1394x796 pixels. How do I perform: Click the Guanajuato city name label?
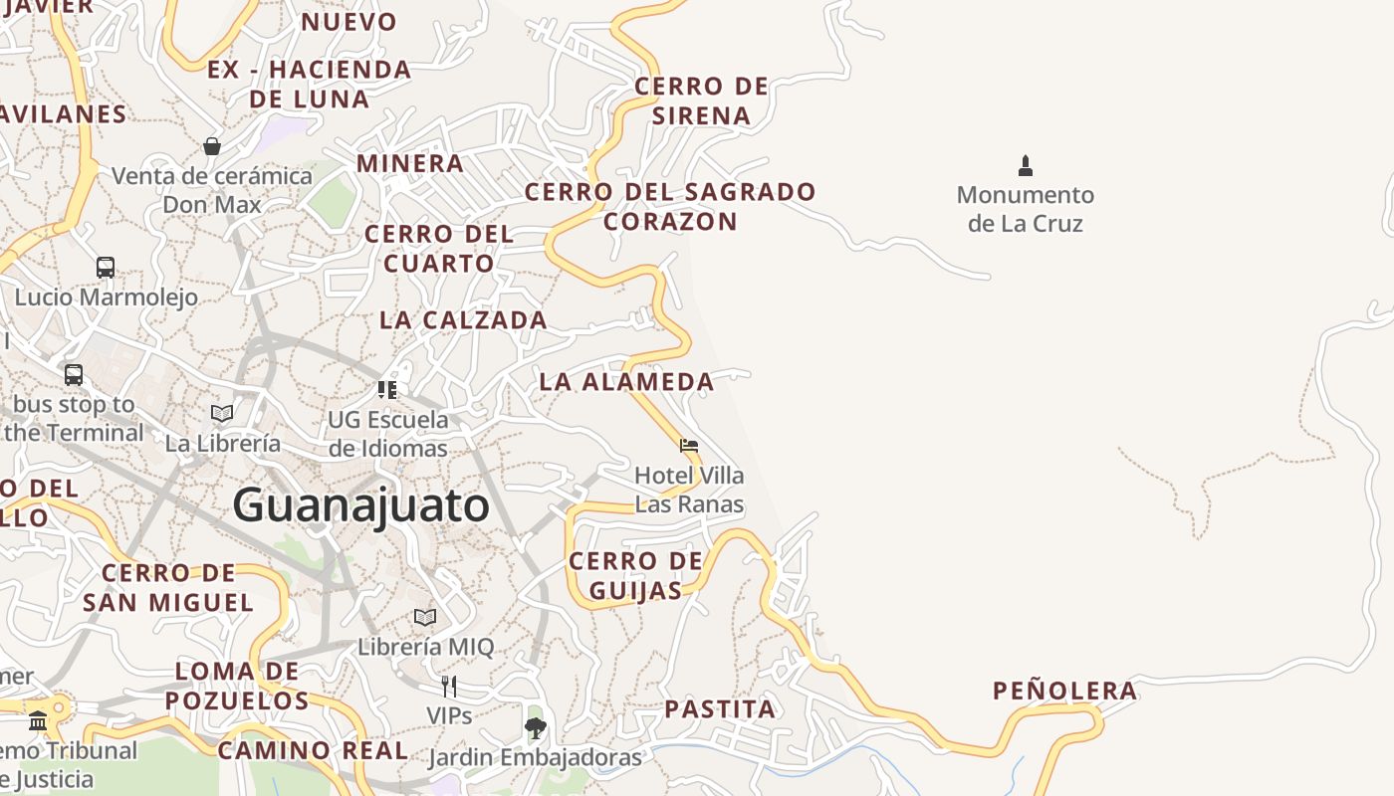(360, 505)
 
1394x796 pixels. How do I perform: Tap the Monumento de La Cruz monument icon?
(1026, 165)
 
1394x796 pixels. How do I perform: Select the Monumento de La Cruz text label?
(1025, 209)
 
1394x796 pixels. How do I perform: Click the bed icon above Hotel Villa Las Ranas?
(689, 445)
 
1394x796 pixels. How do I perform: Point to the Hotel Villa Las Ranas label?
(689, 490)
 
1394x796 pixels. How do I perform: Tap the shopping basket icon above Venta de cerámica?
(212, 146)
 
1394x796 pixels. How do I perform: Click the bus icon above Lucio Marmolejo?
(106, 267)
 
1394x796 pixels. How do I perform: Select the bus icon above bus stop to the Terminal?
(74, 374)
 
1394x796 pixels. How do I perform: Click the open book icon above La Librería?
(222, 413)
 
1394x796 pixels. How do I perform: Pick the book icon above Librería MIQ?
(425, 617)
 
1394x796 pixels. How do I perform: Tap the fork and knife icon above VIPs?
(449, 686)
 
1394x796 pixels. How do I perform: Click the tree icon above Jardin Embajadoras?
(536, 727)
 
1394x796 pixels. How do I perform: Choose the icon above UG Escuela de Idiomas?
(387, 389)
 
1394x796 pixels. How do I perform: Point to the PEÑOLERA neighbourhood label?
(1064, 691)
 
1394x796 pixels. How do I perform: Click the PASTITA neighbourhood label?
(720, 709)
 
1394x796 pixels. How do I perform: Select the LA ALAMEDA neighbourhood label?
(626, 381)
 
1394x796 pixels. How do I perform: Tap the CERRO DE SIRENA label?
(702, 100)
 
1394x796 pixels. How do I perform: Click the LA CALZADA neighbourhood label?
(463, 320)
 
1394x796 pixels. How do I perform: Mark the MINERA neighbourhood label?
(410, 163)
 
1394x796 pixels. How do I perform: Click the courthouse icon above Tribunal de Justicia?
(38, 720)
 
